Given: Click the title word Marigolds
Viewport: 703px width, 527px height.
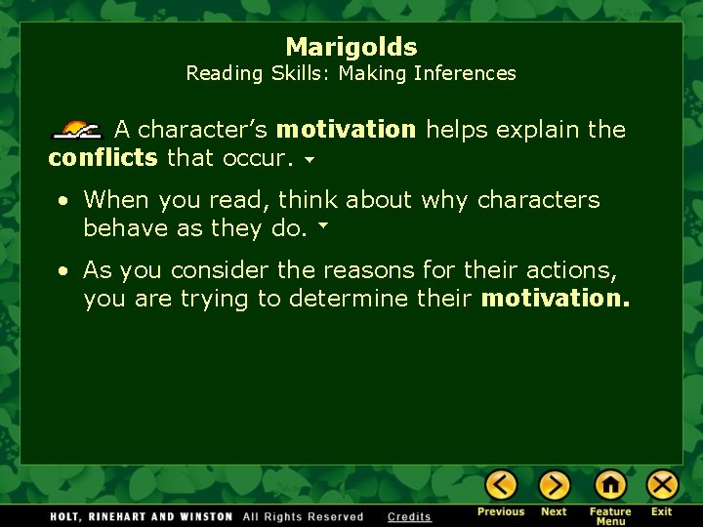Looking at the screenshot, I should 351,47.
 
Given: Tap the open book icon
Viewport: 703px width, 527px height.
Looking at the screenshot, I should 77,130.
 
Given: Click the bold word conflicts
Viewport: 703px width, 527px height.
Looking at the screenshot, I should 103,156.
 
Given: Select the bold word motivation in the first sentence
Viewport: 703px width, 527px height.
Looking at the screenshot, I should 346,130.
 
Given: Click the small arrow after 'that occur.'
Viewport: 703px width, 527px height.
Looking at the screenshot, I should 309,158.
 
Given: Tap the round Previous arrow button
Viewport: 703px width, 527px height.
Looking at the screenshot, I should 501,485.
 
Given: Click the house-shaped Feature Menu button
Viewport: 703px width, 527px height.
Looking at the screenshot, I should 610,485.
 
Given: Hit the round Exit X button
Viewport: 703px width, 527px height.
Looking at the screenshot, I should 662,485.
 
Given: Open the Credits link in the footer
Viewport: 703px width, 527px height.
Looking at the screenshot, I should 409,516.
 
